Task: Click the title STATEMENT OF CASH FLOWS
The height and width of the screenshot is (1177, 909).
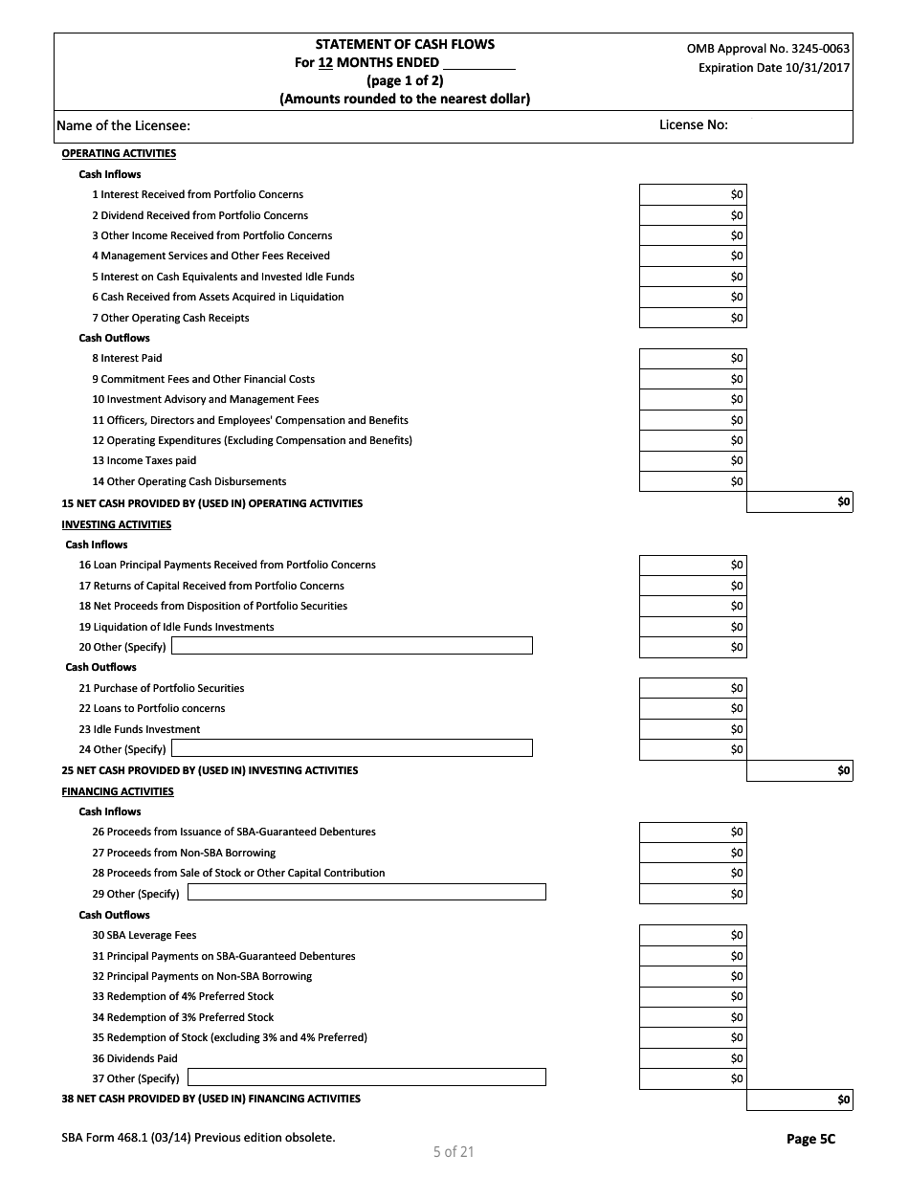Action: pyautogui.click(x=405, y=44)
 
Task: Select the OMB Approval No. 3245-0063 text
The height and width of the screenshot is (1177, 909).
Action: pyautogui.click(x=767, y=49)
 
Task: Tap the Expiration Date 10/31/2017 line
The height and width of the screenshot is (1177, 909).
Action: pyautogui.click(x=773, y=68)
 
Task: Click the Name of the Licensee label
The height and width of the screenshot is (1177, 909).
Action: pyautogui.click(x=123, y=125)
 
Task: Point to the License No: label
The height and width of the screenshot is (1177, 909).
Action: pyautogui.click(x=693, y=124)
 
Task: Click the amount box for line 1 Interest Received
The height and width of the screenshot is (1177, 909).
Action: pyautogui.click(x=692, y=194)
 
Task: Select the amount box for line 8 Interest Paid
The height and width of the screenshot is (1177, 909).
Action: pyautogui.click(x=692, y=359)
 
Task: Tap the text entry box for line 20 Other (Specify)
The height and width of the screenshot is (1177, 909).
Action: pyautogui.click(x=351, y=647)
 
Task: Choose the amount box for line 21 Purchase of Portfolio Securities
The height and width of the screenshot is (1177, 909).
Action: pyautogui.click(x=692, y=688)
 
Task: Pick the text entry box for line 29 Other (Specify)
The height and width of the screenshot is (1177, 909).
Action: pyautogui.click(x=366, y=893)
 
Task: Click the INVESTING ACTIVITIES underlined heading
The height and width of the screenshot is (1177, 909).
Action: pyautogui.click(x=117, y=524)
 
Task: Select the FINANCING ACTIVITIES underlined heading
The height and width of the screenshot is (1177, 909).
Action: pyautogui.click(x=118, y=791)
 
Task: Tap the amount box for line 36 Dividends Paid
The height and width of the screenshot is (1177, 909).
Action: pyautogui.click(x=692, y=1058)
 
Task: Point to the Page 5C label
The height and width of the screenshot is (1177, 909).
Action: pyautogui.click(x=810, y=1139)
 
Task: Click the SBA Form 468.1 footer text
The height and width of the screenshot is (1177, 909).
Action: pyautogui.click(x=198, y=1138)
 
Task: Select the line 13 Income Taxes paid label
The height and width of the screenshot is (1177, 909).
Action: pyautogui.click(x=144, y=461)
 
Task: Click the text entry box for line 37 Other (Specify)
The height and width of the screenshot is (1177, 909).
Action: pyautogui.click(x=366, y=1078)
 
